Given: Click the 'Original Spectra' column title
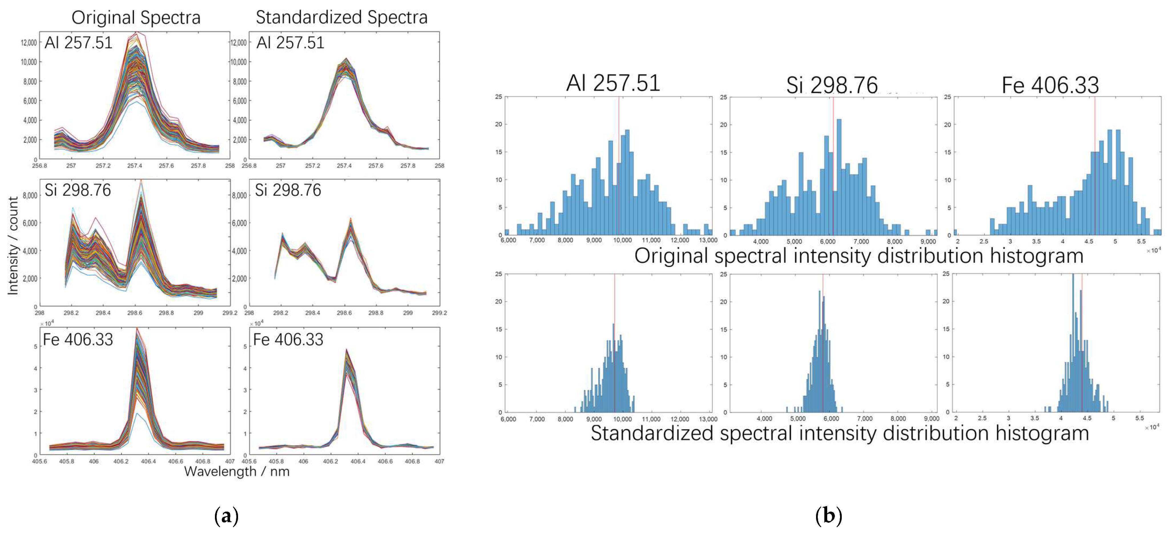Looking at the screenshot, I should coord(136,18).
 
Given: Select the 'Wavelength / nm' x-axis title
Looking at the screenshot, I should coord(237,471).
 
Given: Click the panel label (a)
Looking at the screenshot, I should coord(226,516).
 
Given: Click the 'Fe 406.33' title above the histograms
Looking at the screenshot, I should coord(1050,85).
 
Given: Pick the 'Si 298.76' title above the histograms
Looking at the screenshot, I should coord(832,85).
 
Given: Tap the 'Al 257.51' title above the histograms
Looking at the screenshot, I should coord(613,83).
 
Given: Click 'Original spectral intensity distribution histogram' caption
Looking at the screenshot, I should coord(858,256).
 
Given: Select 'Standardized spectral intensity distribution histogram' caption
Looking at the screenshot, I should coord(839,433).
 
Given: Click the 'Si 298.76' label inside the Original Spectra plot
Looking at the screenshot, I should coord(78,190).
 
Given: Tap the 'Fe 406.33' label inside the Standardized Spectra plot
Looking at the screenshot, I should coord(288,340).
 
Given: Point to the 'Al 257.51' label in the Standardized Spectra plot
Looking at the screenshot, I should coord(290,43).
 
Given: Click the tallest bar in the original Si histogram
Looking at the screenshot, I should coord(839,177).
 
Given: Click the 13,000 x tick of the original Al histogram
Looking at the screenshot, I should coord(708,240).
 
